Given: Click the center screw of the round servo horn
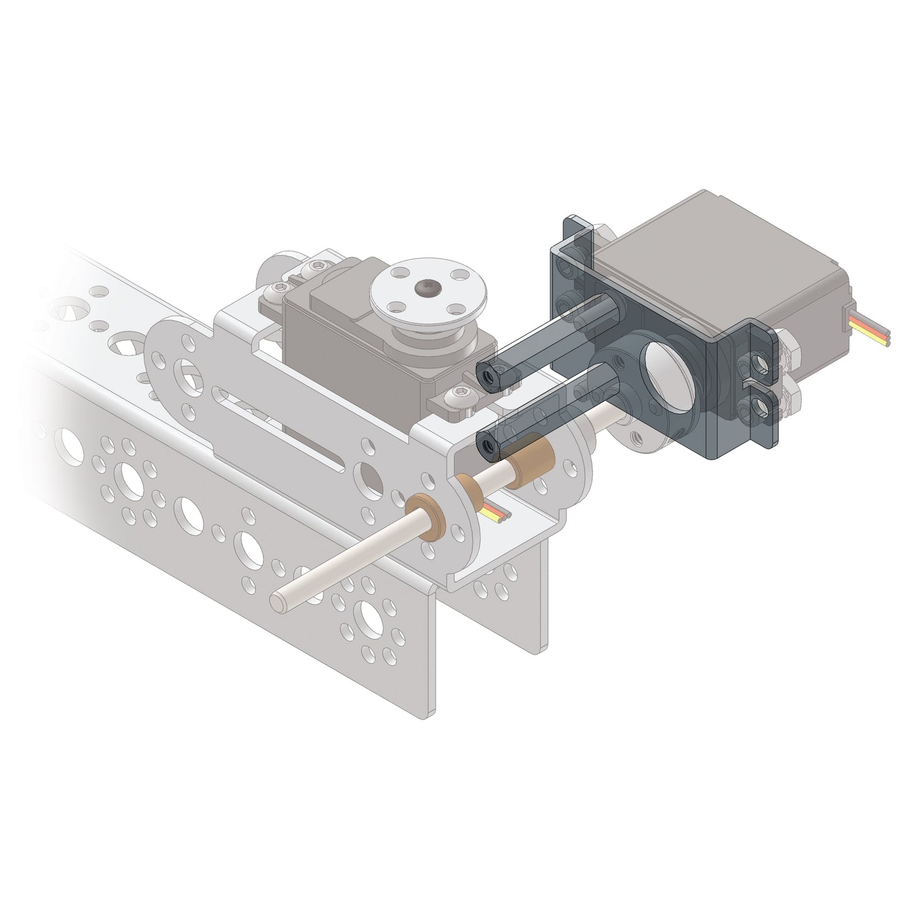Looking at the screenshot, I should tap(426, 288).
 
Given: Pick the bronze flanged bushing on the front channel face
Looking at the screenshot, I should tap(429, 517).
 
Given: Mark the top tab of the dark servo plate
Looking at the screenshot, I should tap(577, 231).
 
